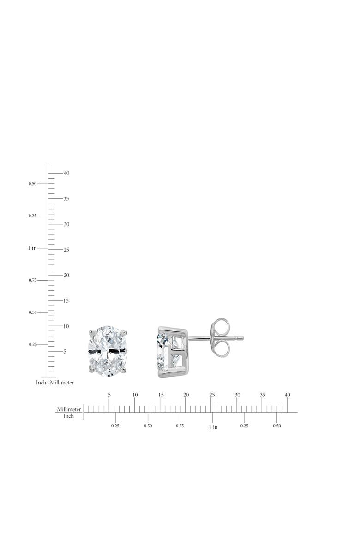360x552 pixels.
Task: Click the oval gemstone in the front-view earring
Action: pos(108,351)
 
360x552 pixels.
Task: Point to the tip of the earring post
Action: pos(243,338)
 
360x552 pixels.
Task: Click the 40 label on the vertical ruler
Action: pos(66,173)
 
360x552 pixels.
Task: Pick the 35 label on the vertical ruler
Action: pos(66,198)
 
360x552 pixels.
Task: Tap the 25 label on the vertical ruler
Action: pos(66,250)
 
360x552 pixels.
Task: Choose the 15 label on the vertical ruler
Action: pos(66,300)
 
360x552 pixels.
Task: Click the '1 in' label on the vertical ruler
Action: pos(32,248)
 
